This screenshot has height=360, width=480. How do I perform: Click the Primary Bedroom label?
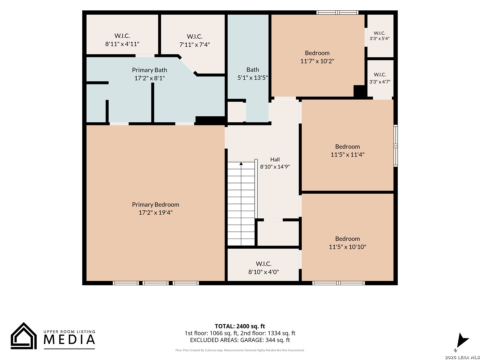tap(155, 205)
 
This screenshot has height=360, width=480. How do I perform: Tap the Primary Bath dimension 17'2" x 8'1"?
tap(149, 78)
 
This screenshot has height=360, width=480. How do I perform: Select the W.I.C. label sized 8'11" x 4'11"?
tap(122, 36)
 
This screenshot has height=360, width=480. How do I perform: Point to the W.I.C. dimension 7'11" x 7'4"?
tap(194, 45)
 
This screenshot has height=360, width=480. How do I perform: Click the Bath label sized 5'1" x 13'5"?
tap(253, 70)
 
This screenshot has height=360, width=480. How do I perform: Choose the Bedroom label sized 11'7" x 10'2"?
tap(317, 53)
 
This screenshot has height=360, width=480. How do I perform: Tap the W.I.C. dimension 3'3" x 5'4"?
tap(379, 39)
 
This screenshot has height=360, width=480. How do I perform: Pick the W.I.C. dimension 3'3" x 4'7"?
tap(380, 82)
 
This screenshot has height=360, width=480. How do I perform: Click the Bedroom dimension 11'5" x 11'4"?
tap(347, 155)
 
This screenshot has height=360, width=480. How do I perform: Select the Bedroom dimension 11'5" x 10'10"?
tap(347, 247)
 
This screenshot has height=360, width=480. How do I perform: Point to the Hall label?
tap(275, 160)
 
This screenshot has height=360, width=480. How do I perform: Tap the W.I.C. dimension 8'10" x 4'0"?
tap(264, 272)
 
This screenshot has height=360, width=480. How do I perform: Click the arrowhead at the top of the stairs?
tap(241, 163)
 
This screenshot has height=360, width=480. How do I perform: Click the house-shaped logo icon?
tap(24, 336)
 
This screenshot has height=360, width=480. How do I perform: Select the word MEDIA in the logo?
tap(69, 339)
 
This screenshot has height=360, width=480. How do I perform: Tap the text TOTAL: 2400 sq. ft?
tap(240, 326)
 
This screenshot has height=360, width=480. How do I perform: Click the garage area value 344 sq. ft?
tap(278, 340)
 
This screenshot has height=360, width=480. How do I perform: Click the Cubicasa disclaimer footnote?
tap(240, 350)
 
